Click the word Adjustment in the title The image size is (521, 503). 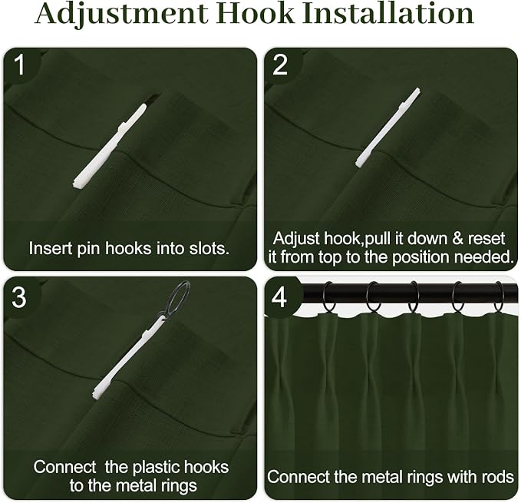click(x=121, y=15)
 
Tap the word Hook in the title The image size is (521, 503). click(x=256, y=13)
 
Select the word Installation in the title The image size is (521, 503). click(x=388, y=13)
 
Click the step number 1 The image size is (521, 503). click(x=20, y=65)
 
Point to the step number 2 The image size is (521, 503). click(x=280, y=65)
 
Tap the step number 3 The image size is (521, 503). click(x=19, y=297)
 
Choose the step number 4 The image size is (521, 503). click(x=279, y=297)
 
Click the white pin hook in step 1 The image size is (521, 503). click(x=110, y=146)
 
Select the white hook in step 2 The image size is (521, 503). click(x=387, y=127)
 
